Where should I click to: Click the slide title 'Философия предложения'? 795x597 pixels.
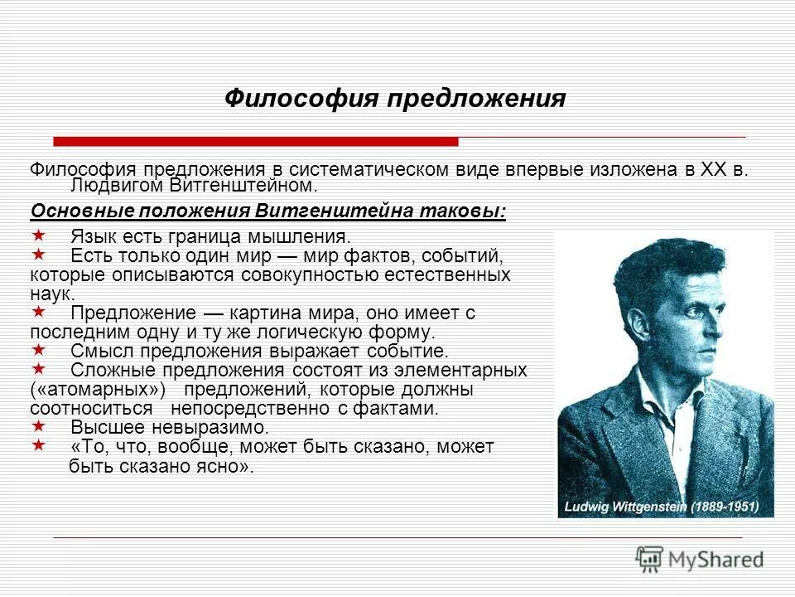point(395,99)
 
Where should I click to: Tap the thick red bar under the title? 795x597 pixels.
point(255,141)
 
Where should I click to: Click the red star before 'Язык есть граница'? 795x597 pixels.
point(37,235)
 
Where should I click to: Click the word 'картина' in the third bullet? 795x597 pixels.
point(277,313)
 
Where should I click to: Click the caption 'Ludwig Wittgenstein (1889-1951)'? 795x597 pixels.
point(667,505)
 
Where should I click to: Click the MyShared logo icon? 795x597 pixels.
point(650,557)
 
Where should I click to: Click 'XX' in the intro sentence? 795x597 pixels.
point(713,169)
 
